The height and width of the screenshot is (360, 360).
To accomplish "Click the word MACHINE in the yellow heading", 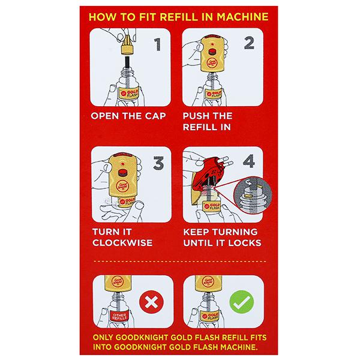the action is tap(242, 17).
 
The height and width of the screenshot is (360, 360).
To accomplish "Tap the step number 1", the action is tap(157, 44).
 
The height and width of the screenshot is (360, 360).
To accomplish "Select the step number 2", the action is tap(249, 43).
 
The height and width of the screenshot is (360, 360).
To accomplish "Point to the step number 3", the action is tap(158, 163).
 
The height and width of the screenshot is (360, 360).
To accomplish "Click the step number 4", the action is tap(249, 161).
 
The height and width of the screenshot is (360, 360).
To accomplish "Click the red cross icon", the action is tap(152, 302).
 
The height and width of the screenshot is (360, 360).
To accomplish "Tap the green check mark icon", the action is tap(242, 302).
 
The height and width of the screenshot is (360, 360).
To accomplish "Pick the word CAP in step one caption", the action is tap(155, 116).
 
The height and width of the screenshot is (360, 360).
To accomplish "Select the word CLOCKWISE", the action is tap(122, 242).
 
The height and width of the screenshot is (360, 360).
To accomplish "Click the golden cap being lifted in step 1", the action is tap(127, 45).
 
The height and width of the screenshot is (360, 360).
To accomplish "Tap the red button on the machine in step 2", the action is tap(212, 52).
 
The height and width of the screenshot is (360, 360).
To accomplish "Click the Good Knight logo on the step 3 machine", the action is tap(123, 186).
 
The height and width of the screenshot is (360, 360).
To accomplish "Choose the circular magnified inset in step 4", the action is tap(253, 196).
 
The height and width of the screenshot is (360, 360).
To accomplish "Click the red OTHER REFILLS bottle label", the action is tap(119, 316).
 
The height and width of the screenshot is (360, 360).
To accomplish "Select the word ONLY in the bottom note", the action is tap(103, 337).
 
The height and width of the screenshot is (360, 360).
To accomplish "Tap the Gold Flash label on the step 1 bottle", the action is tap(128, 94).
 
